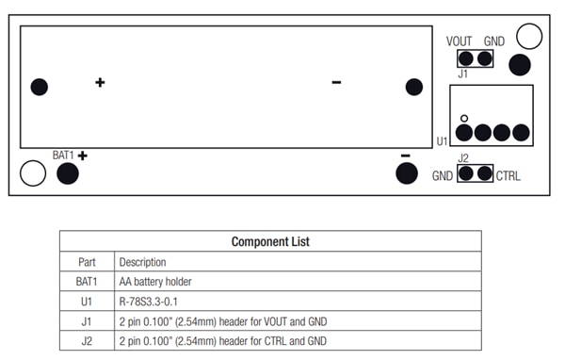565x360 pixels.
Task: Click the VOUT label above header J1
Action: tap(460, 41)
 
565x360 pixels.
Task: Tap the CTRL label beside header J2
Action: tap(508, 175)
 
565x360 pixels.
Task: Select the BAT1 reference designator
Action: tap(62, 154)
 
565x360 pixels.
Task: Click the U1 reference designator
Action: tap(442, 141)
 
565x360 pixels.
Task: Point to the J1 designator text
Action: tap(462, 74)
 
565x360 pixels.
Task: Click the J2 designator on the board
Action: tap(463, 158)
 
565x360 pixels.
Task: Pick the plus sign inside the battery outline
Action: tap(100, 83)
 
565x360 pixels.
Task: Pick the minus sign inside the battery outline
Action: tap(336, 83)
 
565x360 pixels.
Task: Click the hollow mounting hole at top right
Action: tap(530, 37)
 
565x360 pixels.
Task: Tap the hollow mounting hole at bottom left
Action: tap(33, 173)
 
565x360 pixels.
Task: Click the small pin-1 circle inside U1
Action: tap(464, 118)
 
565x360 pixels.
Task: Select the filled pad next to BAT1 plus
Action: tap(68, 173)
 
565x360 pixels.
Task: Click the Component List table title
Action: tap(270, 242)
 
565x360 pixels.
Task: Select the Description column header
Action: tap(142, 262)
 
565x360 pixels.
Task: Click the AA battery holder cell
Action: tap(158, 282)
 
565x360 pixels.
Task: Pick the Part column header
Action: tap(87, 262)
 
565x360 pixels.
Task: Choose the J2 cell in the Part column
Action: tap(87, 340)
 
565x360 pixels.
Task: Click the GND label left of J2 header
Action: tap(444, 176)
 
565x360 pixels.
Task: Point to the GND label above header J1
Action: tap(494, 41)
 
